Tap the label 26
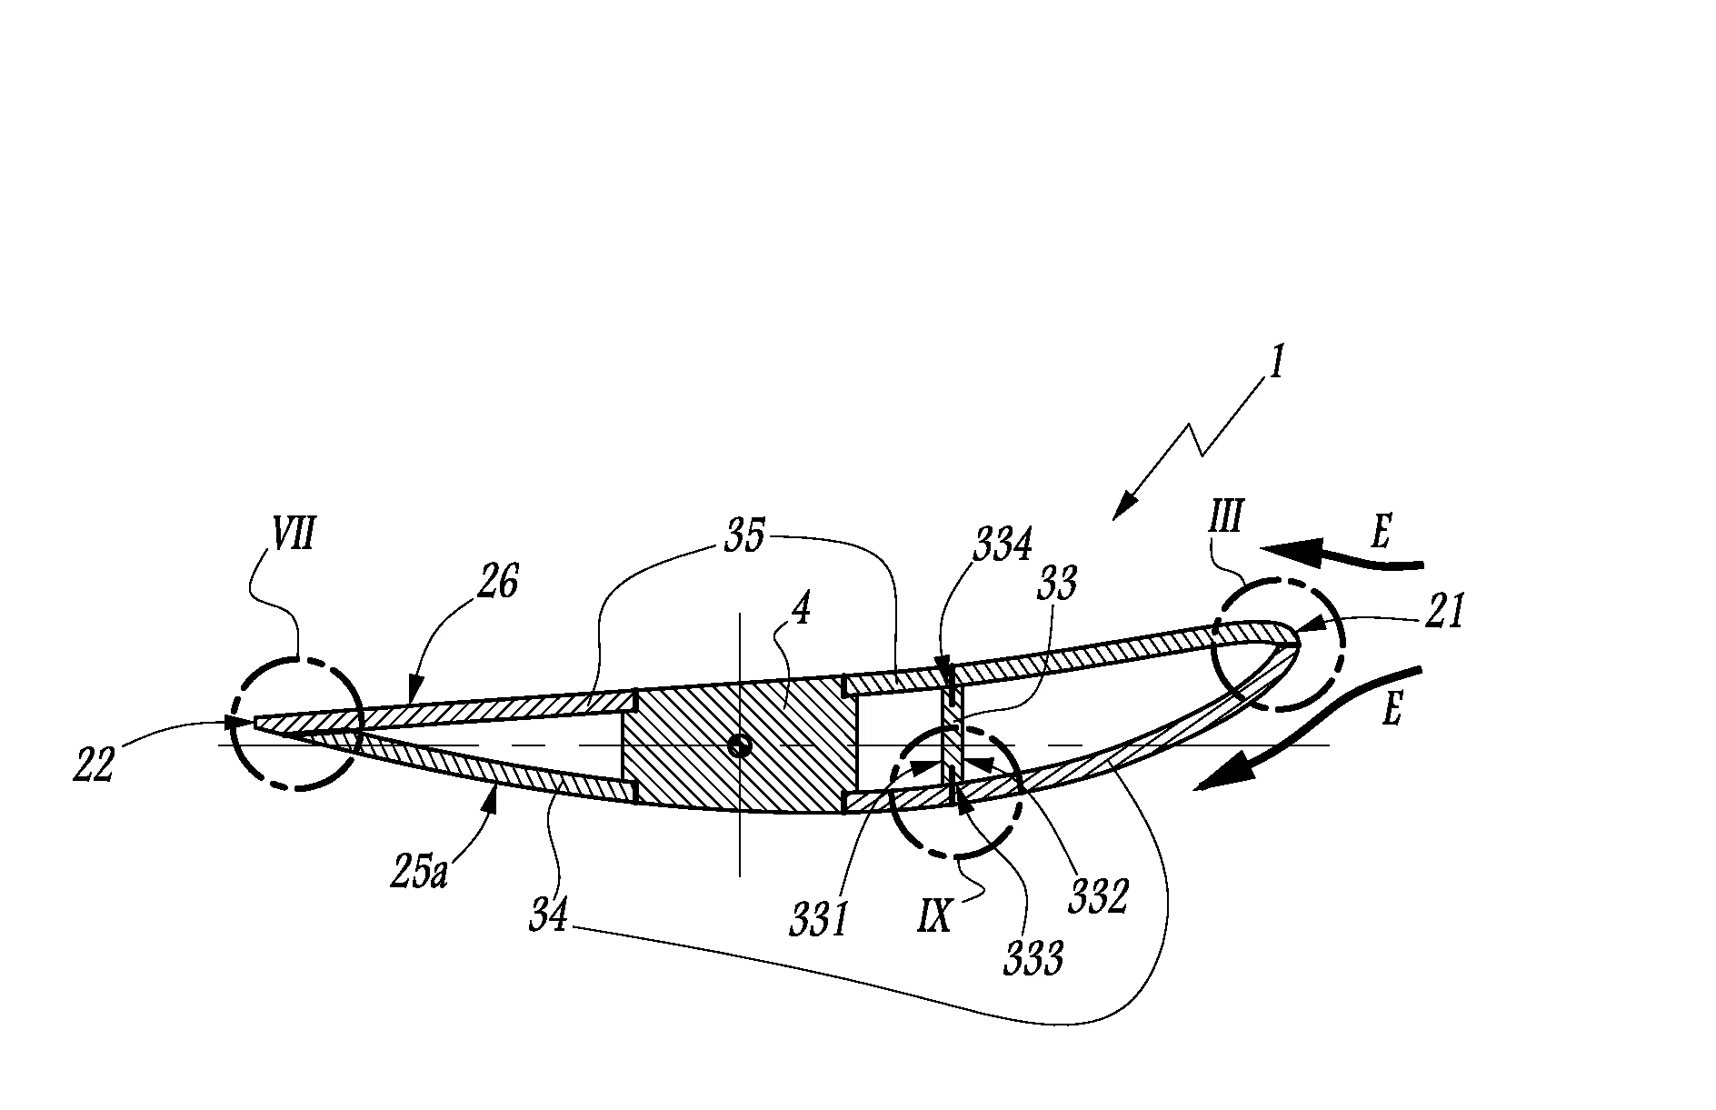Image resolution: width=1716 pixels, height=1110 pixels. click(497, 582)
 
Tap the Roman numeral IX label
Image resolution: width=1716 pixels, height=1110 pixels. click(933, 915)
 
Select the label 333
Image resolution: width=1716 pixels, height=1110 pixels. click(1033, 958)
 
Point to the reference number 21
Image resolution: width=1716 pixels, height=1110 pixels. click(1445, 613)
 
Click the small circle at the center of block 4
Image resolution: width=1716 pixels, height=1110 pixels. click(741, 745)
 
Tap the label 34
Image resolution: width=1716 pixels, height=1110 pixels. click(548, 915)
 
